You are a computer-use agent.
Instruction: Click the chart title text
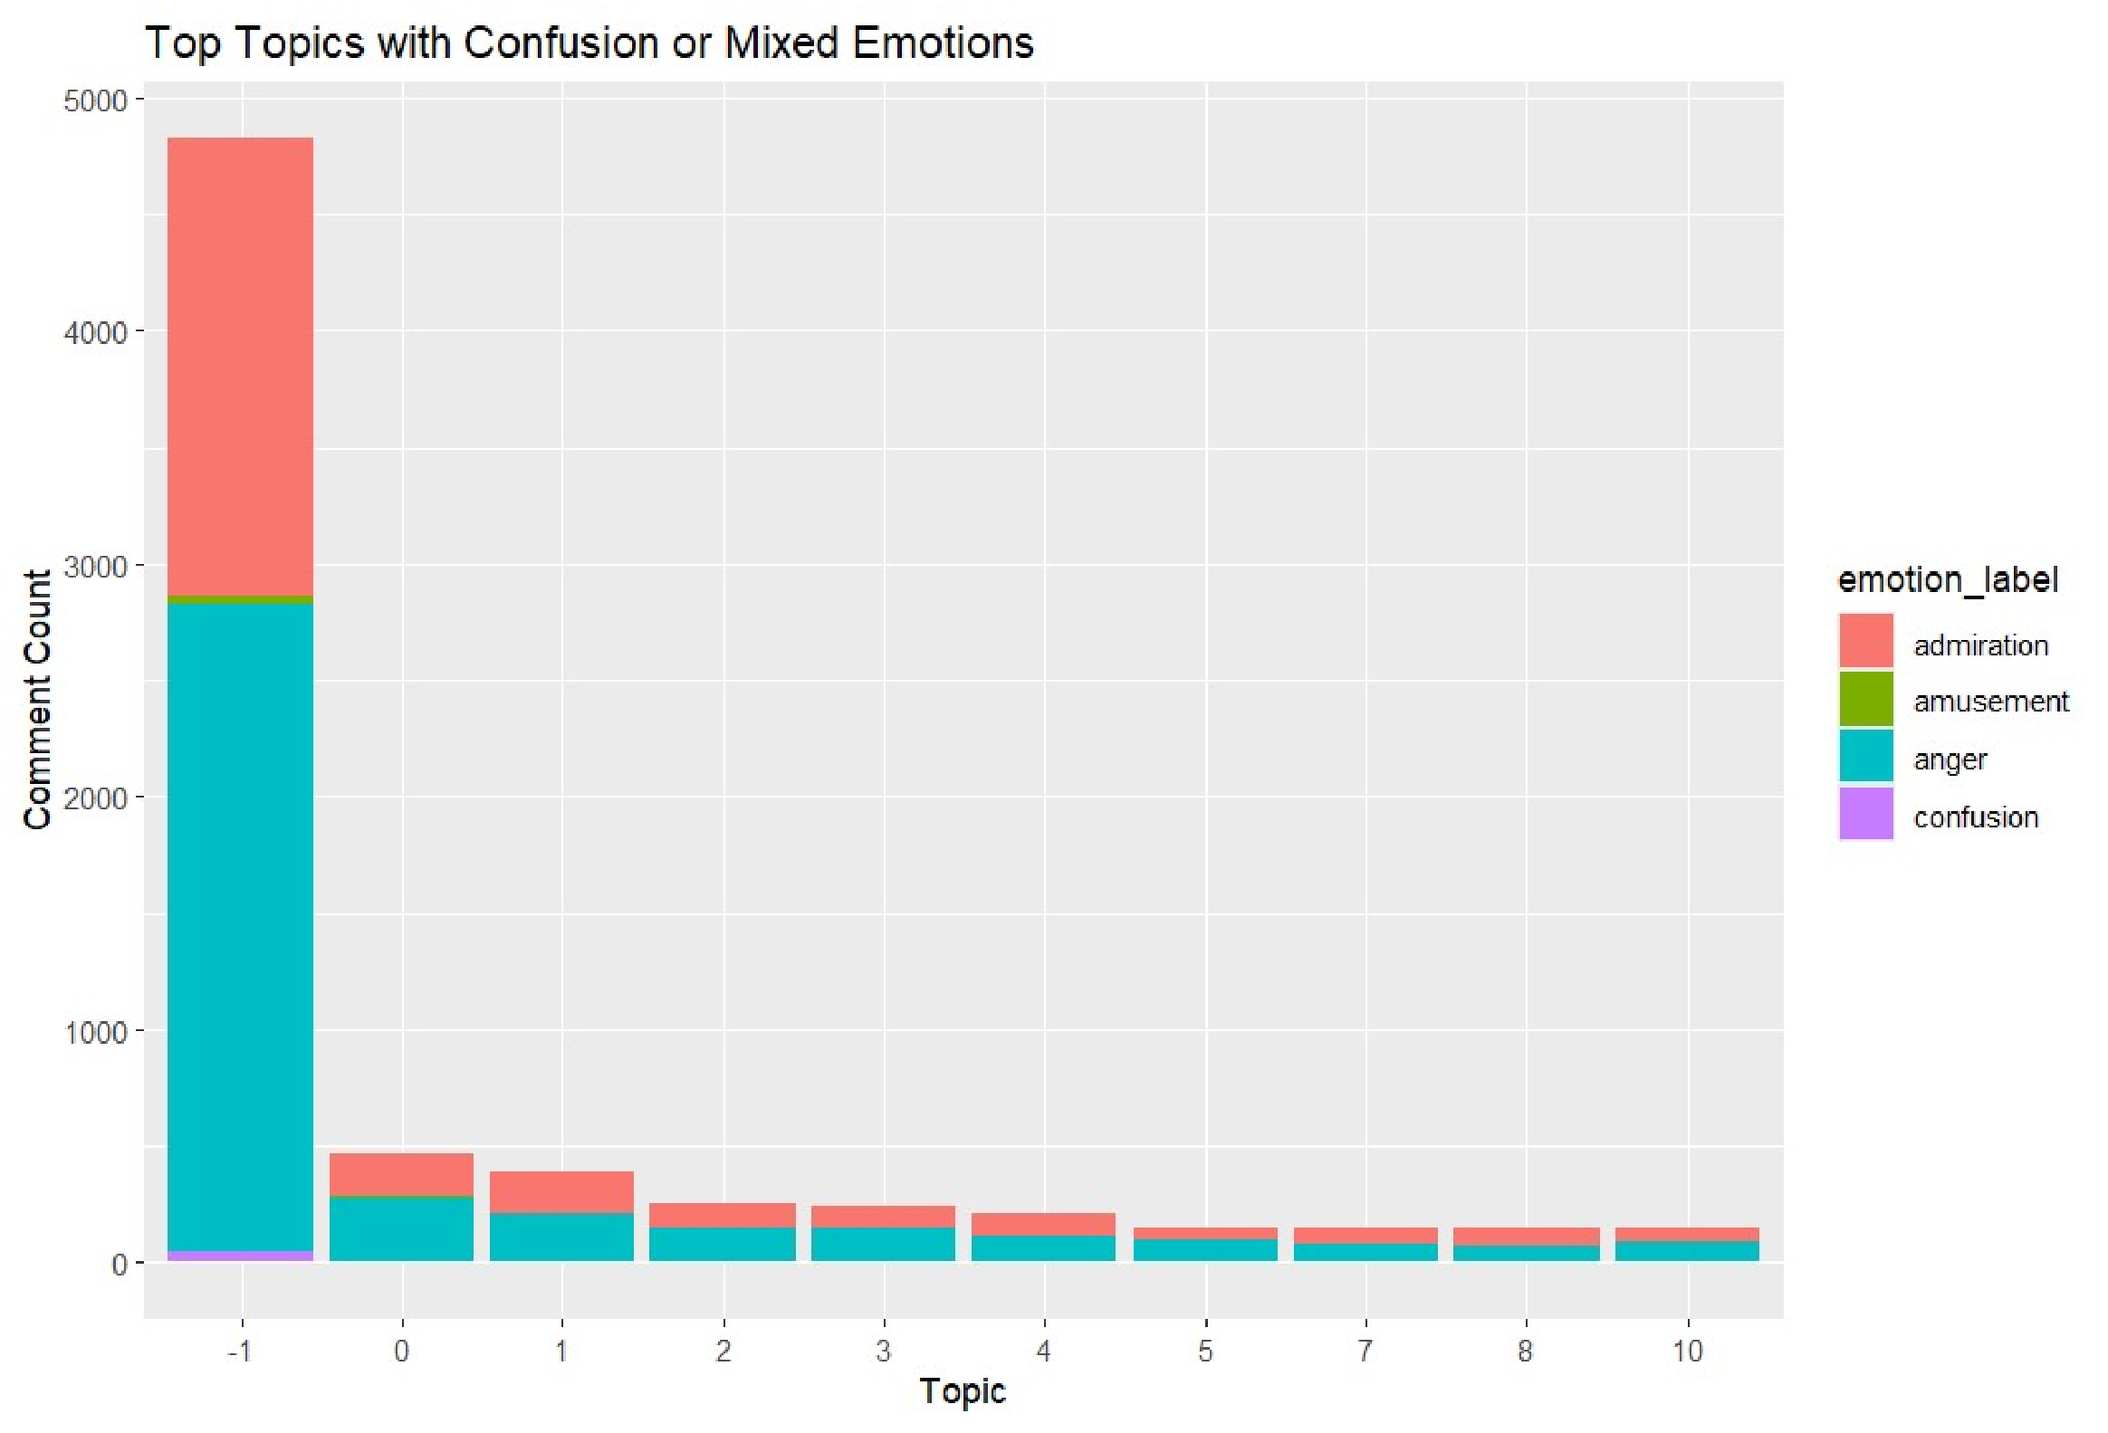point(589,43)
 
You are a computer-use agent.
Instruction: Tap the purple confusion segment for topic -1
point(240,1256)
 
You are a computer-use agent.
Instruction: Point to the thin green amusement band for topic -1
point(240,599)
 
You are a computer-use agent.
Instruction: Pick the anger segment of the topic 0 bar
point(401,1229)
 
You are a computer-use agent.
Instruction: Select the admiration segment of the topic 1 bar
point(561,1190)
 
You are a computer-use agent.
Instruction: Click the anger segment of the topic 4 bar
point(1043,1248)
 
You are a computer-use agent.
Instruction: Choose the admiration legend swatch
point(1866,640)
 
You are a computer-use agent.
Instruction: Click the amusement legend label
point(1990,701)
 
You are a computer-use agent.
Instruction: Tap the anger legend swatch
point(1866,756)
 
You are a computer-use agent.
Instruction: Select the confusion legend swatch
point(1866,814)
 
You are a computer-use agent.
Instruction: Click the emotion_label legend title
point(1948,579)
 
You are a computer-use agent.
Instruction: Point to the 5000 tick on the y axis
point(95,100)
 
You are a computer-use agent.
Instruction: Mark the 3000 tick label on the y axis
point(95,567)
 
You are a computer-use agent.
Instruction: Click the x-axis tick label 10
point(1686,1352)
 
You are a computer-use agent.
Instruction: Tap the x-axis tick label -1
point(239,1352)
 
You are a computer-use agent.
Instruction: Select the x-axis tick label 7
point(1365,1352)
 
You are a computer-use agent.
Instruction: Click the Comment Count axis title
point(37,699)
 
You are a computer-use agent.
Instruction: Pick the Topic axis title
point(963,1391)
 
